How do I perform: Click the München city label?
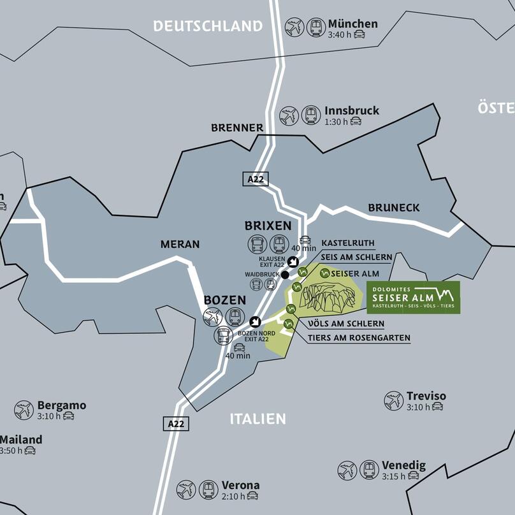point(352,24)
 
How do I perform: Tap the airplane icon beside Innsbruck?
point(289,115)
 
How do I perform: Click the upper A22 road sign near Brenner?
point(256,179)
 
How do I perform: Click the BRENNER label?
point(237,127)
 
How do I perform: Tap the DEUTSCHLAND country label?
point(208,26)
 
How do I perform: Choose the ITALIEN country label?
point(257,419)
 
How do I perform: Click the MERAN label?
point(180,244)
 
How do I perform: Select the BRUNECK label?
point(394,208)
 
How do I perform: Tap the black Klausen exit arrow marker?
point(293,261)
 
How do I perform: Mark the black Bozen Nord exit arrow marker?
point(256,321)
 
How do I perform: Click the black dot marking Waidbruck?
point(285,275)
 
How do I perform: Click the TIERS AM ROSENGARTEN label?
point(359,338)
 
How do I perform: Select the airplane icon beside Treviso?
point(394,401)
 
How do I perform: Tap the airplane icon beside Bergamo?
point(24,410)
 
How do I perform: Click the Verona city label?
point(240,485)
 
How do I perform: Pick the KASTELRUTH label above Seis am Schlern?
point(347,243)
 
